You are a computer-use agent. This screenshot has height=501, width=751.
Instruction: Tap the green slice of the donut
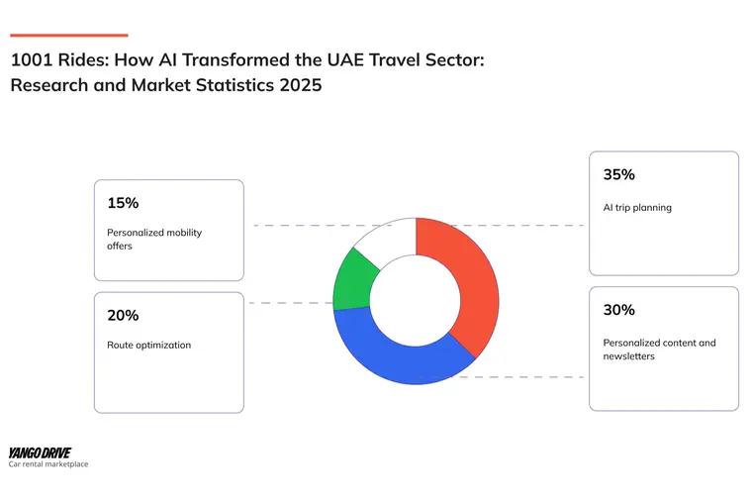pos(352,279)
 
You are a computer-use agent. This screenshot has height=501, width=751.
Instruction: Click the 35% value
pos(618,175)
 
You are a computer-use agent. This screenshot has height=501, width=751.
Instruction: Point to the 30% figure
pos(618,310)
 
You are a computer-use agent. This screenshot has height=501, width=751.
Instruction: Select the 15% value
pos(123,203)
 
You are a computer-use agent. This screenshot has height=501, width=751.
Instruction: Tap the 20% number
pos(123,316)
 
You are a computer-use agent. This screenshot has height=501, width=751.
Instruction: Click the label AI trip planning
pos(637,208)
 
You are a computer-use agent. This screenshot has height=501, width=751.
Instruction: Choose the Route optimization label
pos(149,346)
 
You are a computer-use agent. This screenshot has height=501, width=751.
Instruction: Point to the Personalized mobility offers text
pos(154,239)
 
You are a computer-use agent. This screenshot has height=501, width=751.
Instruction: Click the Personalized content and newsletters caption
pos(659,349)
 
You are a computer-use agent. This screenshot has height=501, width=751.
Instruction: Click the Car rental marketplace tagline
pos(47,464)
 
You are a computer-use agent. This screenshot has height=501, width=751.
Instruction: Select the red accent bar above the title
pos(68,36)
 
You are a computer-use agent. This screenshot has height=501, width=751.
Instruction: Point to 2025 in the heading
pos(300,85)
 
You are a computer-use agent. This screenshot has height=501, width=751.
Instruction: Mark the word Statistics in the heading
pos(229,85)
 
